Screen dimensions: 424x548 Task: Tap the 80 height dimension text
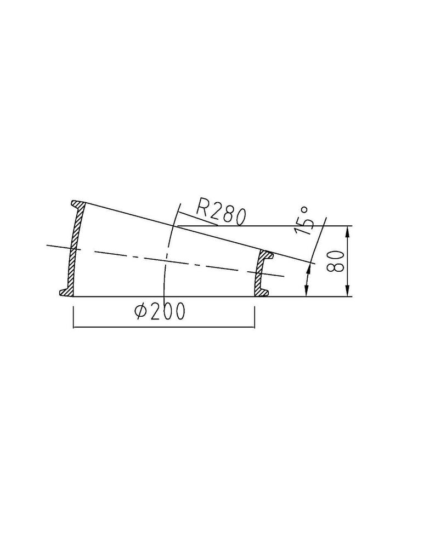(x=335, y=261)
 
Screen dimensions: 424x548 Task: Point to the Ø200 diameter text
(x=160, y=311)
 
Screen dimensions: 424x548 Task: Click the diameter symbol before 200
(x=142, y=311)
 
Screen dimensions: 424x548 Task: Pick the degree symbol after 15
(x=304, y=210)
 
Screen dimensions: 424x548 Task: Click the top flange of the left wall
(x=78, y=203)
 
